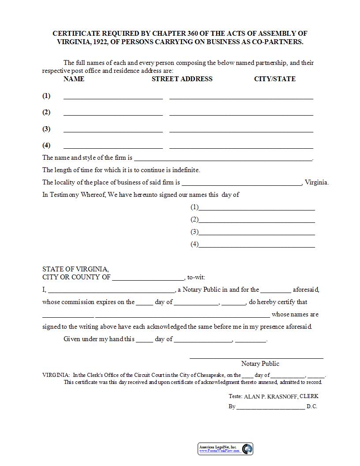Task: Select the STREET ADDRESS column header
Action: click(182, 79)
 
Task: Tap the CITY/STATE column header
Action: click(274, 79)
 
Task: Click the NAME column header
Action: click(74, 79)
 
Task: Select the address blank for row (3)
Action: click(241, 130)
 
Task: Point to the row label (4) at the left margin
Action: click(46, 146)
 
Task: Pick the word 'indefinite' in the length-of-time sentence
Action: click(185, 170)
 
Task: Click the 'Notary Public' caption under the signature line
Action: click(260, 364)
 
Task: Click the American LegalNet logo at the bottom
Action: click(225, 449)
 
